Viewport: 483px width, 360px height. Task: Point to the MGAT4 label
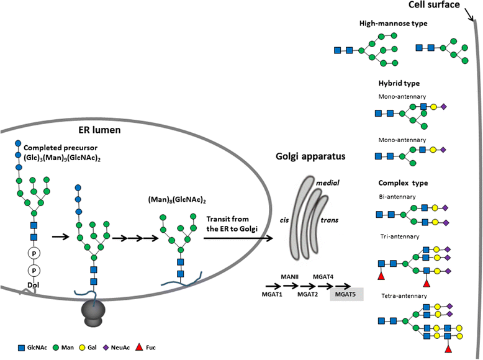pos(325,276)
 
